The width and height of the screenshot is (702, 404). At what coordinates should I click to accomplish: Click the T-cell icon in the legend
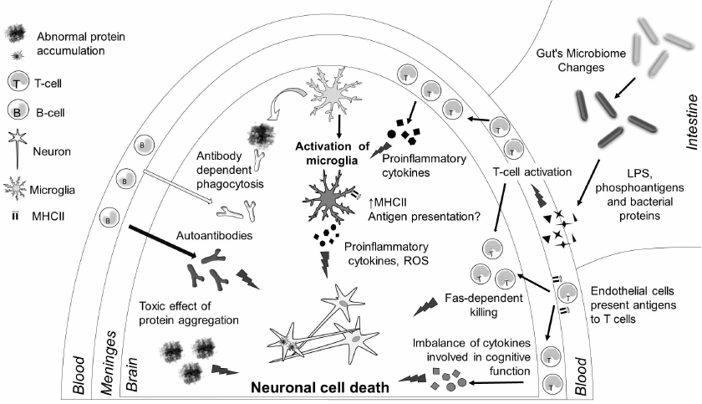pos(19,82)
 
